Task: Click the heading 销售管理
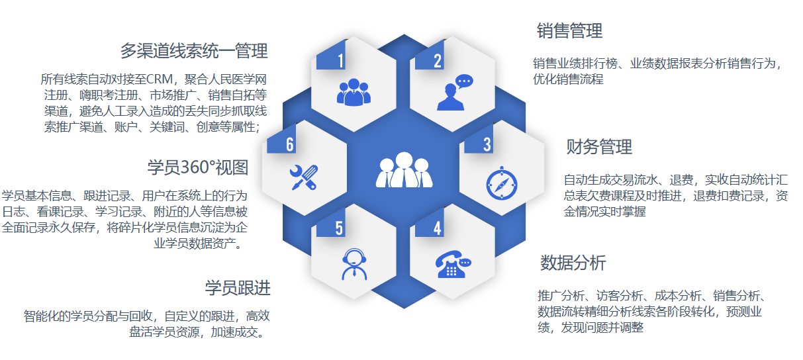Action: (569, 30)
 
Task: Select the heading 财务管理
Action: (599, 146)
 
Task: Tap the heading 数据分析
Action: (573, 263)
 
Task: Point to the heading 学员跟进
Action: (238, 288)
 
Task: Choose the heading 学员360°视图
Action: (198, 167)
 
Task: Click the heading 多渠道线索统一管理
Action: (194, 50)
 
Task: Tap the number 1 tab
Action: (331, 55)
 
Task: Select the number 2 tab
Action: (430, 55)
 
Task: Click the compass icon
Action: (502, 183)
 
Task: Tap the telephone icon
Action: (453, 264)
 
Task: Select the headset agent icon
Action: (354, 264)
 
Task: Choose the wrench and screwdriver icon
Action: (304, 177)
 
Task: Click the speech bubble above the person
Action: (464, 81)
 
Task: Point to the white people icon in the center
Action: (404, 170)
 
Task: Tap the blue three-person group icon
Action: (354, 92)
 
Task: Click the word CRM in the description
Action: (160, 79)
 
